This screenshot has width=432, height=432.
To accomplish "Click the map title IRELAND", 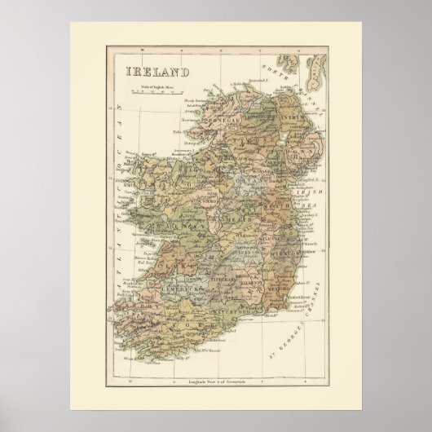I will [x=158, y=72].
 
